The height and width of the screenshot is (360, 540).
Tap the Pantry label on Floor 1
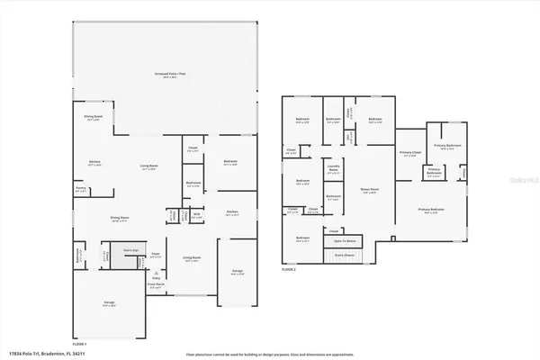pos(81,189)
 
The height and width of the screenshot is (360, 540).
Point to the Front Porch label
pos(156,287)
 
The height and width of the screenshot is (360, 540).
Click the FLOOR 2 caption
pos(289,268)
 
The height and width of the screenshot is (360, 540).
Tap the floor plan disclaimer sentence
pos(270,354)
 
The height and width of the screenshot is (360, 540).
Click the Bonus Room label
pos(368,191)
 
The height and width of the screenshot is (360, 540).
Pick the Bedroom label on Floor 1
pos(229,162)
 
